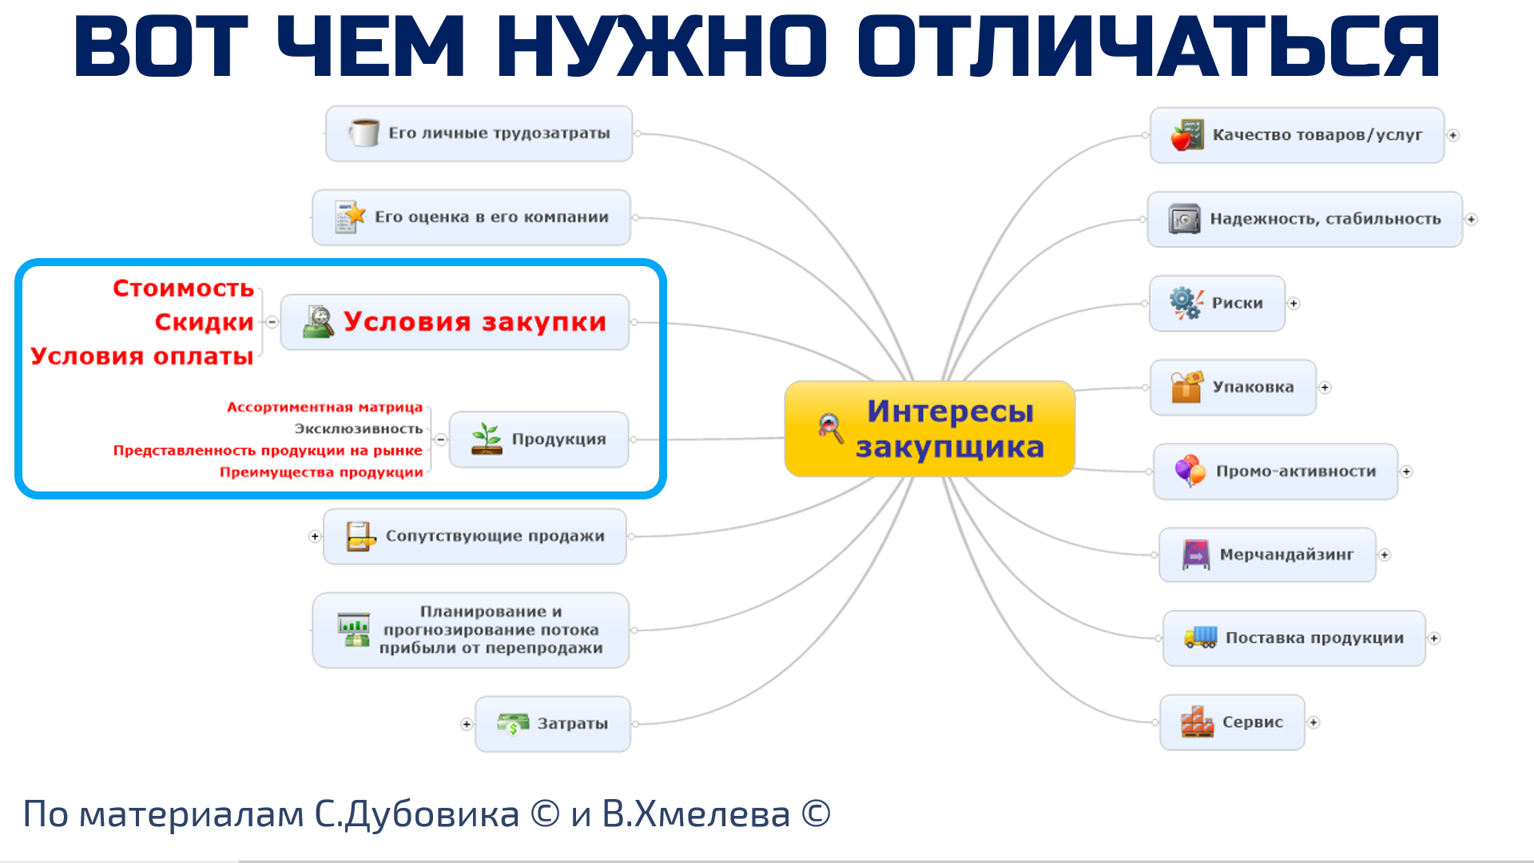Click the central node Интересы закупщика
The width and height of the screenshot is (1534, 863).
[x=929, y=429]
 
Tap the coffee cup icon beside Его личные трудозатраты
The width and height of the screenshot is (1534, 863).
[x=364, y=133]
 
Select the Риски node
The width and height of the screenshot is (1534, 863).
[x=1217, y=303]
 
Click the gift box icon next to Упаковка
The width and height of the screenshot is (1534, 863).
[x=1187, y=387]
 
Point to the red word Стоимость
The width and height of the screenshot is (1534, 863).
[x=183, y=288]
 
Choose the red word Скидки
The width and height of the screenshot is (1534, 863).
[x=204, y=322]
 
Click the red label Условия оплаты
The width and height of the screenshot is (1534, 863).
[x=141, y=356]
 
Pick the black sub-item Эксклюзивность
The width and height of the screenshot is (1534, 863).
[x=358, y=429]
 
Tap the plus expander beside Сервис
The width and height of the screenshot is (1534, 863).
[x=1313, y=722]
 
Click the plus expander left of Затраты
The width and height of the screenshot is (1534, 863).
[x=467, y=724]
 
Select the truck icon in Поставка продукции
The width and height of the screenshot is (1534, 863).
[x=1201, y=637]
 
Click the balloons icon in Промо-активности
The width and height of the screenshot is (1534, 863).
[x=1190, y=471]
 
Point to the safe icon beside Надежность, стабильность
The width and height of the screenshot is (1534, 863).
[x=1184, y=219]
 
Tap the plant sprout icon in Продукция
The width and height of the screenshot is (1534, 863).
[x=487, y=439]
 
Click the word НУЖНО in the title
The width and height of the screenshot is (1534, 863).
[x=661, y=46]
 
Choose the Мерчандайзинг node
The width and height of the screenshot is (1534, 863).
[x=1267, y=555]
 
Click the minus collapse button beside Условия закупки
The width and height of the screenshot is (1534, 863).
[x=272, y=322]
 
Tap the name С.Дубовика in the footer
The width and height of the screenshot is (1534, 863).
[x=416, y=814]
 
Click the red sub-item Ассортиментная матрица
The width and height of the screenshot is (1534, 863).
[x=324, y=408]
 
